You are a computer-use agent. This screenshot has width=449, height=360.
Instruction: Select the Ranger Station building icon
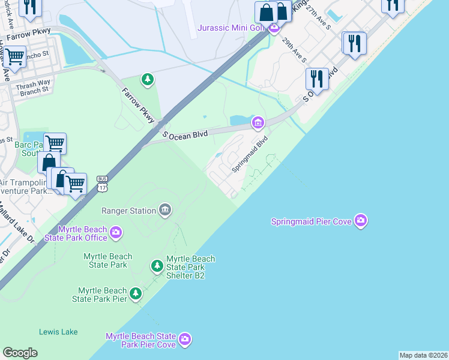(x=164, y=209)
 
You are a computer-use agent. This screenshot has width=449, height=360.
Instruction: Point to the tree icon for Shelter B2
(x=157, y=265)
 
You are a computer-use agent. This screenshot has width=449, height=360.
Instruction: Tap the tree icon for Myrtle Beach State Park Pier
(x=136, y=293)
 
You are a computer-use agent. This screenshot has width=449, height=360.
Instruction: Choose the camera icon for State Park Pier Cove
(x=185, y=340)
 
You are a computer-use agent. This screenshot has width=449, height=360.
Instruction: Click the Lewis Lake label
(x=57, y=331)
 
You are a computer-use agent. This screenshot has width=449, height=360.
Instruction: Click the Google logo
(x=20, y=353)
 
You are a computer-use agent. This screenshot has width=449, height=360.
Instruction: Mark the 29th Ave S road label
(x=295, y=50)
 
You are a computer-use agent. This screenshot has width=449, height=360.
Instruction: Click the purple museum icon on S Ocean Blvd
(x=258, y=123)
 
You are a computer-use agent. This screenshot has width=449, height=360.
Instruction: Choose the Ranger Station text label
(x=128, y=211)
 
